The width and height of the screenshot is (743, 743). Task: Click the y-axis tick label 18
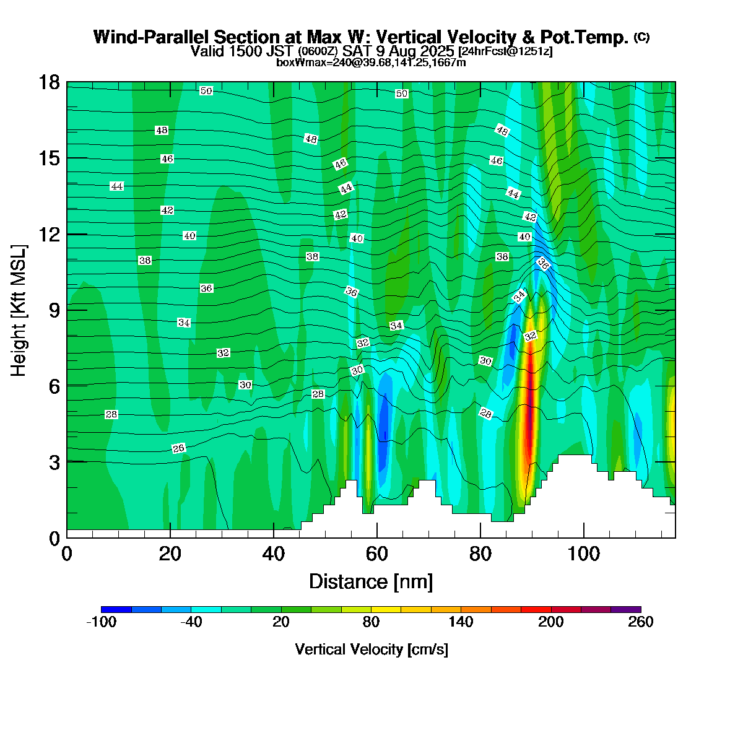(x=50, y=82)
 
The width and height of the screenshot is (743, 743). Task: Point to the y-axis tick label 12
(x=50, y=235)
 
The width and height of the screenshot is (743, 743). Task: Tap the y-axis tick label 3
(x=54, y=462)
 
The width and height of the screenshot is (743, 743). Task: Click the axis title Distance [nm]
(x=370, y=581)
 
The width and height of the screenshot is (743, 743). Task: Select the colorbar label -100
(x=101, y=622)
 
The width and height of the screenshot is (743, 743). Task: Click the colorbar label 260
(x=641, y=622)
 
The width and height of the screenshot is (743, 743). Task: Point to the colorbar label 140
(x=461, y=622)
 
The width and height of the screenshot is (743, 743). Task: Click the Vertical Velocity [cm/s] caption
(x=371, y=650)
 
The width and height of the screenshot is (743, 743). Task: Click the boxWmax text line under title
(x=371, y=63)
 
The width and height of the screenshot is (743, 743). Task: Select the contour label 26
(x=178, y=448)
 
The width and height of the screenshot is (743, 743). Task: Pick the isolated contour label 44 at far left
(x=116, y=186)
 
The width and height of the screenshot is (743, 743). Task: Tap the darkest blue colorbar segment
(x=116, y=609)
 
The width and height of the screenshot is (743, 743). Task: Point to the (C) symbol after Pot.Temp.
(x=641, y=37)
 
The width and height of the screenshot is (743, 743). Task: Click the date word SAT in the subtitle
(x=357, y=51)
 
